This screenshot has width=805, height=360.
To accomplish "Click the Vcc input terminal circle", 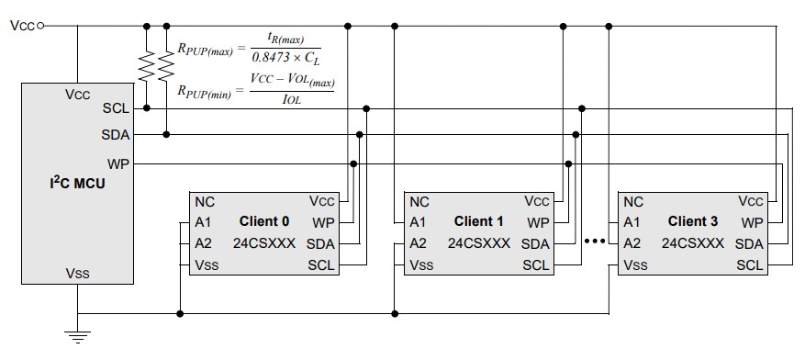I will pos(40,26).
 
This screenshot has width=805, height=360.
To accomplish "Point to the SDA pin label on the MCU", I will pos(115,135).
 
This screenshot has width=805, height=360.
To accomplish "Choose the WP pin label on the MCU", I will pos(117,163).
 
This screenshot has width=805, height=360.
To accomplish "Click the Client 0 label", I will pos(264,221).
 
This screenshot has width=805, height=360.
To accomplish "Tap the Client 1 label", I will pos(479,221).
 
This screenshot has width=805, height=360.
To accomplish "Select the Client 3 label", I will pos(693,221).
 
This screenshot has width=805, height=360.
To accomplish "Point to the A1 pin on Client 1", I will pos(418,222).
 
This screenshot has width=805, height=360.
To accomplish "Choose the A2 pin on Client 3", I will pos(632,243).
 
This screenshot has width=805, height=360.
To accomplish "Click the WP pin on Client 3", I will pos(752,222).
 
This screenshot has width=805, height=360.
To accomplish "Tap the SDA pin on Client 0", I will pos(320,244).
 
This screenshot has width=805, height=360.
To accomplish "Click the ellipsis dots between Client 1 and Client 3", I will pos(595,242).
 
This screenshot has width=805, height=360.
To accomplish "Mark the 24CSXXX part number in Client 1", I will pos(477,243).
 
